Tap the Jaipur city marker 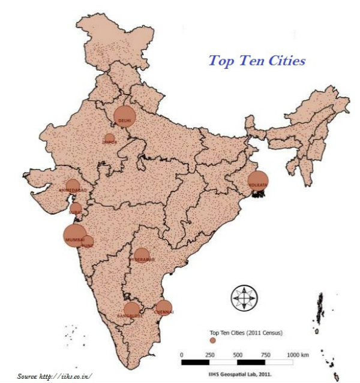click(109, 139)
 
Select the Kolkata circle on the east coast click(258, 180)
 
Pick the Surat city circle click(76, 209)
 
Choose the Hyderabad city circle click(142, 256)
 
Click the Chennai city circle click(163, 307)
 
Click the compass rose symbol click(245, 297)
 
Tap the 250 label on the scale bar click(210, 355)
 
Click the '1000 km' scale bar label click(298, 355)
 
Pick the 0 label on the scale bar click(182, 355)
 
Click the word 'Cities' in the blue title click(285, 61)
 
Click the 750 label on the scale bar click(265, 355)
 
